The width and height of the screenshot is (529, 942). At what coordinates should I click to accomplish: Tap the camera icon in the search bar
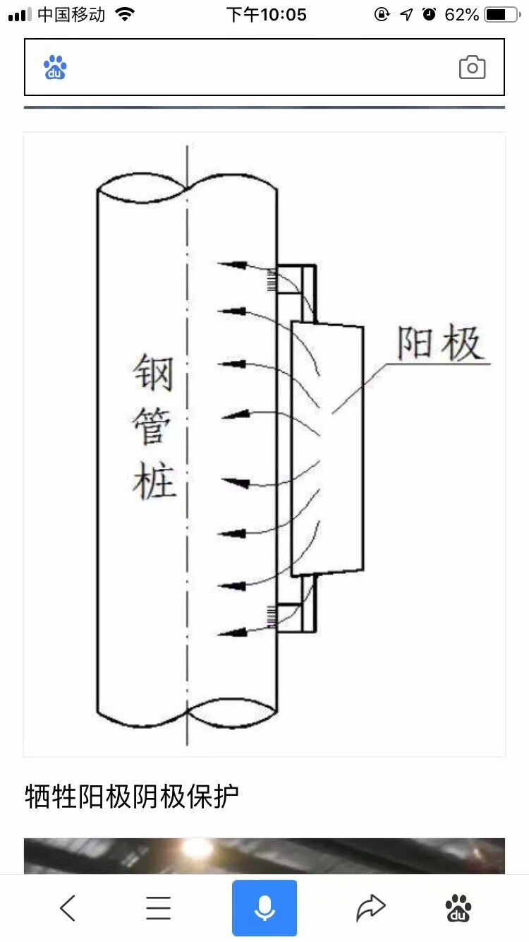coord(472,67)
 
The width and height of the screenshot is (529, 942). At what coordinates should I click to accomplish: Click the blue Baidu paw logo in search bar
coord(55,68)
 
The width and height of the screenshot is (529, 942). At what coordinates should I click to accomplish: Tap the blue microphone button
coord(264,907)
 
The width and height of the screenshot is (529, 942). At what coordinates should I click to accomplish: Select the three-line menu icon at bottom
coord(159,907)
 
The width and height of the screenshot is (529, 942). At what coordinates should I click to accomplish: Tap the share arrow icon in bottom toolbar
coord(371,907)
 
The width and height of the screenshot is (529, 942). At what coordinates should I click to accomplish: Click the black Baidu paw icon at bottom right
coord(458,907)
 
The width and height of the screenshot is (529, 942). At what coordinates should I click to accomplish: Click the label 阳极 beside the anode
coord(439,344)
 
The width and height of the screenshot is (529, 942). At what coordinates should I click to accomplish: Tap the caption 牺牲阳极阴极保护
coord(132,796)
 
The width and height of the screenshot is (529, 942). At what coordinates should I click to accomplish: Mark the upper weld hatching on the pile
coord(271,280)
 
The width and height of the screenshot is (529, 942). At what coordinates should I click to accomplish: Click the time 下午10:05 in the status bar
coord(266,14)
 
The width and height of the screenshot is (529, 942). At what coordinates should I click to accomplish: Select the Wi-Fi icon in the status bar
coord(125,14)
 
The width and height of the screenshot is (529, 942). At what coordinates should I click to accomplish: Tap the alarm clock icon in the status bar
coord(429,14)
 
